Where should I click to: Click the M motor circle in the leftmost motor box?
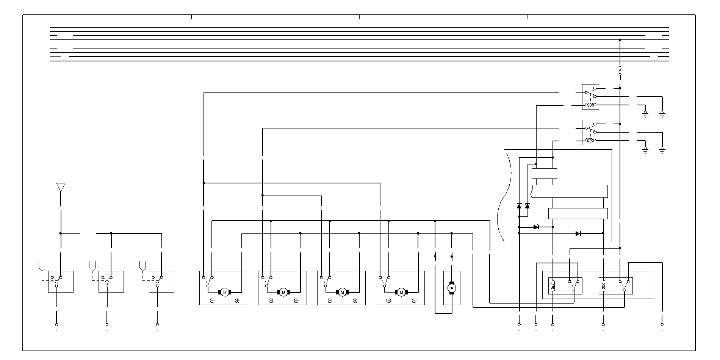click(225, 292)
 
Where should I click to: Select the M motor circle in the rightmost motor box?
click(401, 292)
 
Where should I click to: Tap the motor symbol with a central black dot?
click(452, 288)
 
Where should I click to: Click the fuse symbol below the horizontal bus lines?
click(620, 70)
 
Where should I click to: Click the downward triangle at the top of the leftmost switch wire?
click(61, 187)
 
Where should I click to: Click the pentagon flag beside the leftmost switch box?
click(42, 265)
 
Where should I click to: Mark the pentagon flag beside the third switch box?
click(143, 265)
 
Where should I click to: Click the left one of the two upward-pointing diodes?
click(519, 206)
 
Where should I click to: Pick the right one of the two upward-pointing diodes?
click(527, 206)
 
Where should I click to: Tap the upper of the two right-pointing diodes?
click(536, 227)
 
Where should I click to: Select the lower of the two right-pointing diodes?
click(578, 233)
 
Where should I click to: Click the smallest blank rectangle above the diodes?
click(544, 174)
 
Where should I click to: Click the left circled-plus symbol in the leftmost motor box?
click(212, 301)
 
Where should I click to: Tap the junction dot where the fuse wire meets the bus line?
click(620, 40)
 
